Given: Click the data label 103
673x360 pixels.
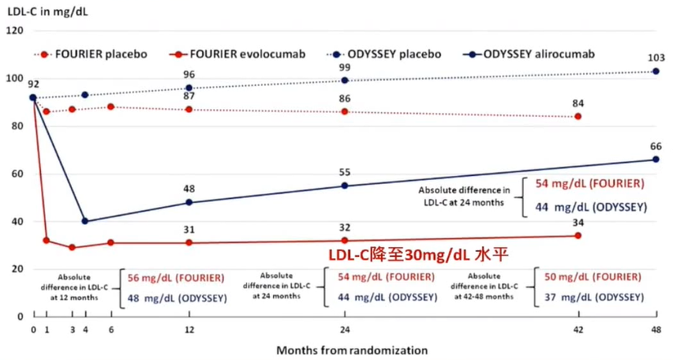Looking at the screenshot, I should (x=656, y=58).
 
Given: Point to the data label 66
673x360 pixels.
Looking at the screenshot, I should (x=656, y=146).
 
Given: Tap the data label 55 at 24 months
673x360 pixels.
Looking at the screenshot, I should (x=345, y=171).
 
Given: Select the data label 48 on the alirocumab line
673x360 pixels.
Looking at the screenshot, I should (x=189, y=189).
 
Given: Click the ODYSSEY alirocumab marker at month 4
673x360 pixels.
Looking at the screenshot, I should (x=84, y=221).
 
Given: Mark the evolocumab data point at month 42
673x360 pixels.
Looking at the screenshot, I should (x=578, y=235).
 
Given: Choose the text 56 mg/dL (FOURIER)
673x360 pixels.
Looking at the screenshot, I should (x=175, y=278).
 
